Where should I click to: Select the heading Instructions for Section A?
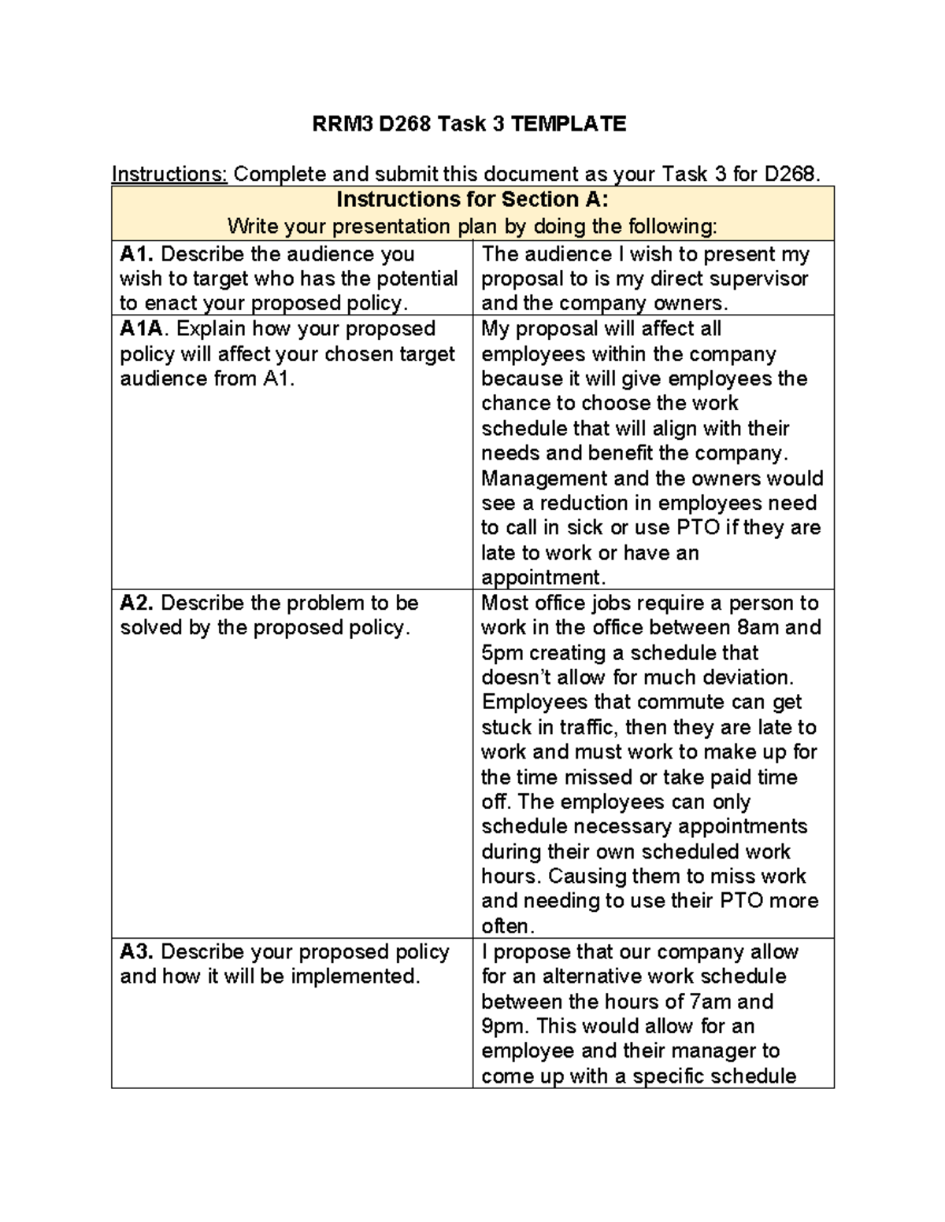pyautogui.click(x=472, y=200)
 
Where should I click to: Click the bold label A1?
pyautogui.click(x=138, y=254)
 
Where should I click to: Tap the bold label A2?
pyautogui.click(x=138, y=603)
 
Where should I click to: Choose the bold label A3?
pyautogui.click(x=138, y=952)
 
